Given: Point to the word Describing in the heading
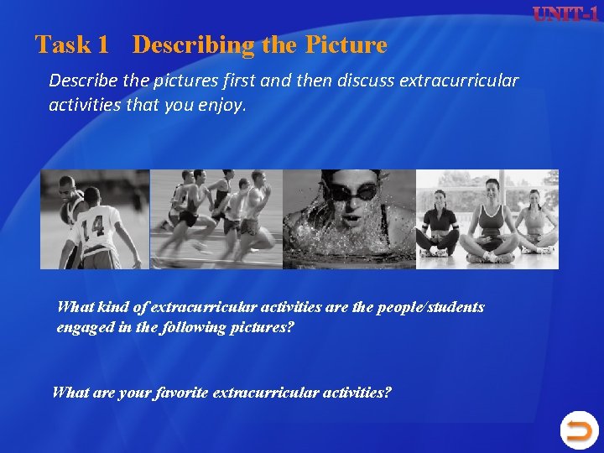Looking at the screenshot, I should click(194, 44).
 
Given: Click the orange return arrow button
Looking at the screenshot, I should click(578, 431).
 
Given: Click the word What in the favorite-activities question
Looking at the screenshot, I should click(70, 392).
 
